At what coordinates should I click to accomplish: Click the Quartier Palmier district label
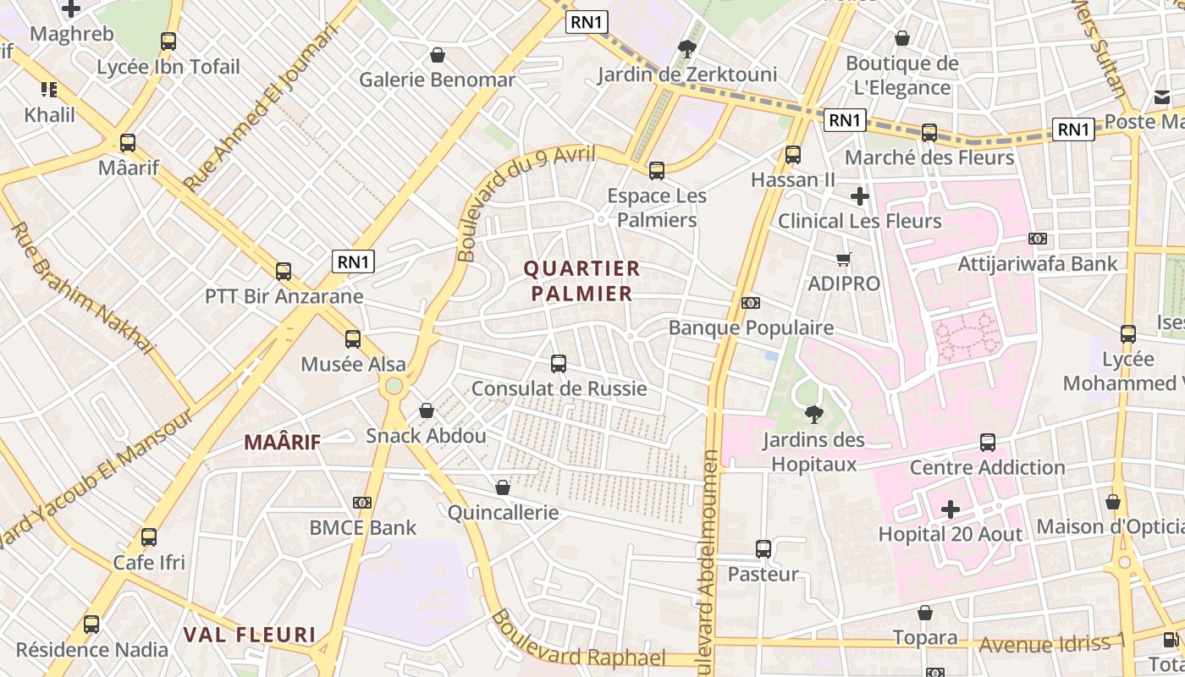click(x=581, y=281)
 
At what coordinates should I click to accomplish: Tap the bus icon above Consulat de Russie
click(x=559, y=364)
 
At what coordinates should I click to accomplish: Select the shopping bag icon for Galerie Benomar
click(x=438, y=55)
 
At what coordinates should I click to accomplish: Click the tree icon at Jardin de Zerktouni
click(x=687, y=49)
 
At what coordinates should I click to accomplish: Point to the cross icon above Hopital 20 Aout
click(x=951, y=509)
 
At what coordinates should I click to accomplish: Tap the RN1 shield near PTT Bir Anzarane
click(x=353, y=261)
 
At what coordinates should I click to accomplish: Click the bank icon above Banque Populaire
click(x=750, y=303)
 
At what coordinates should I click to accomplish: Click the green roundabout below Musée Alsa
click(x=394, y=387)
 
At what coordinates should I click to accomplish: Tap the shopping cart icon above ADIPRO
click(x=843, y=259)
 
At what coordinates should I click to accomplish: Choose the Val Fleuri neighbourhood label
click(x=250, y=635)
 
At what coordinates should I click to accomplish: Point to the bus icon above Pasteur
click(x=763, y=549)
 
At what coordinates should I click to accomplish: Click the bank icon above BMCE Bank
click(x=362, y=503)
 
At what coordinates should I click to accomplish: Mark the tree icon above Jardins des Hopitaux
click(x=813, y=415)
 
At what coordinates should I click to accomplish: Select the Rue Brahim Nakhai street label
click(x=82, y=288)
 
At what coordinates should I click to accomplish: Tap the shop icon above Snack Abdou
click(x=427, y=410)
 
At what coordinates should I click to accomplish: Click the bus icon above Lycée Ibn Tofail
click(x=168, y=41)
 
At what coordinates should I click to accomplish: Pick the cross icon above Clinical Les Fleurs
click(x=860, y=196)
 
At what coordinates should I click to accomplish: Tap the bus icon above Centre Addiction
click(x=988, y=442)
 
